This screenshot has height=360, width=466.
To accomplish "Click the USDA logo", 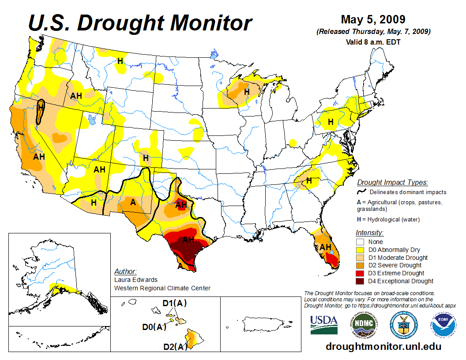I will click(x=324, y=324).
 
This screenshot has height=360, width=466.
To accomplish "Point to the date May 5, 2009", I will click(x=373, y=20).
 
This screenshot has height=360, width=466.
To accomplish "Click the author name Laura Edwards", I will click(x=135, y=280).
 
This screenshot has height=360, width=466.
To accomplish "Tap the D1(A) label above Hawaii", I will click(x=175, y=303).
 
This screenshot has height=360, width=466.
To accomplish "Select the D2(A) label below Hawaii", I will click(x=175, y=347).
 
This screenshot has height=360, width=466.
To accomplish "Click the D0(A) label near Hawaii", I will click(x=154, y=327).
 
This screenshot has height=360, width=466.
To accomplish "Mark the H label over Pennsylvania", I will click(x=331, y=122).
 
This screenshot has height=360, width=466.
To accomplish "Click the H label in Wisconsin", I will click(x=247, y=92).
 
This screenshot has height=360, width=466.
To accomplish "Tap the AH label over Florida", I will click(x=326, y=247).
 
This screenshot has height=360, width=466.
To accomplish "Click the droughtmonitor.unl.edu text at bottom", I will click(x=383, y=346).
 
